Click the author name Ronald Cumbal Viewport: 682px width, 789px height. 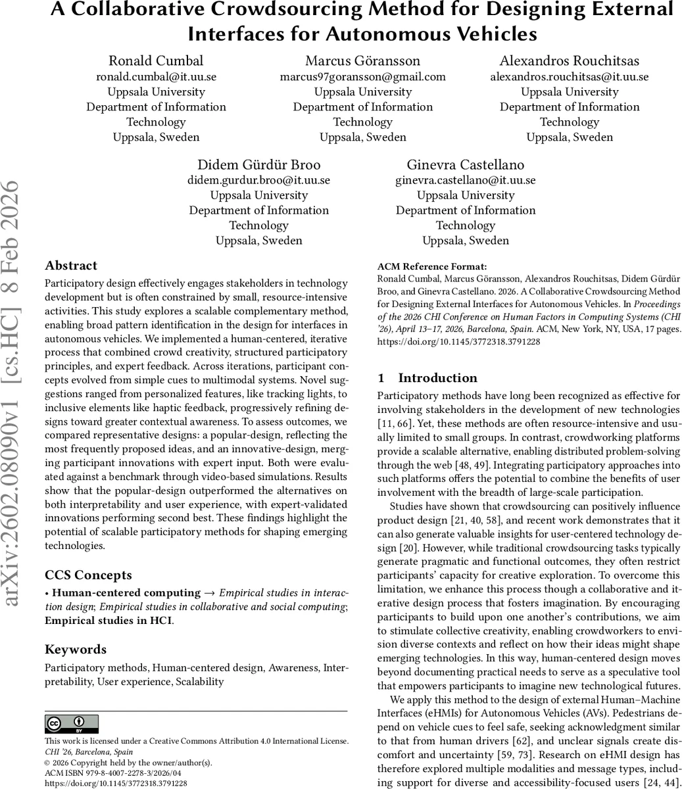click(156, 61)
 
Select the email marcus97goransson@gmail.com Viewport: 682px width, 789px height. click(362, 77)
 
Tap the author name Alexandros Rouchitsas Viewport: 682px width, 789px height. click(569, 61)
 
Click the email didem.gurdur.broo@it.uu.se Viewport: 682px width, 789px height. click(258, 180)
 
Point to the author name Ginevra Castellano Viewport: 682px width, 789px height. click(465, 164)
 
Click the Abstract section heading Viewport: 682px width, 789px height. click(71, 266)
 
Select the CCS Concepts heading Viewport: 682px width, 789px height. click(88, 575)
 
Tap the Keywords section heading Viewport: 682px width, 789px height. click(76, 650)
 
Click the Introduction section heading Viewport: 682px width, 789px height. click(437, 378)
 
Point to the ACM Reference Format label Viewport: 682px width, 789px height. click(432, 267)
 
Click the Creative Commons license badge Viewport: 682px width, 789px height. click(72, 724)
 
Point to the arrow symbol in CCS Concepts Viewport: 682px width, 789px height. click(210, 593)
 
